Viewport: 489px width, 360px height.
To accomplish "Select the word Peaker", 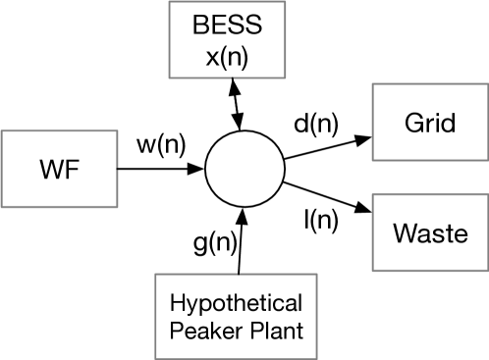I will tap(201, 332).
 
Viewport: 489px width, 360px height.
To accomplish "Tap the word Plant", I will tap(271, 332).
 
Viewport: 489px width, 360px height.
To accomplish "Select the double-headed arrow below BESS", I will tap(234, 105).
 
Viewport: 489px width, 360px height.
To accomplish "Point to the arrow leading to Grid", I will tap(324, 148).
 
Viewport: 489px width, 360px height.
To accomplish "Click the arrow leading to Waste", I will tap(324, 196).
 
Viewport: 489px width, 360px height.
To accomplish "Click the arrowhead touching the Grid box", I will tap(364, 136).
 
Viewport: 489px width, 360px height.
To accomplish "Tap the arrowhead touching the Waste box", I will tap(364, 209).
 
